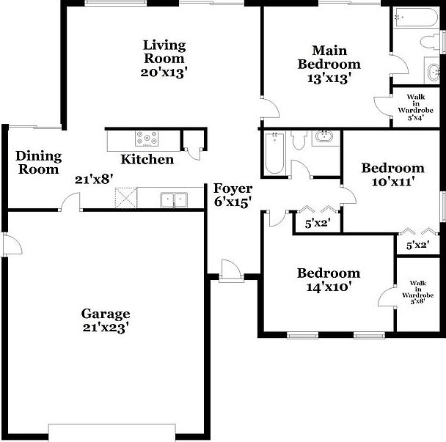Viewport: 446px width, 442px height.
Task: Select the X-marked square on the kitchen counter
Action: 125,198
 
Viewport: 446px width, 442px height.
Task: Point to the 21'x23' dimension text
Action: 106,328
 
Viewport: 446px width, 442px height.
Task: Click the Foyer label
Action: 233,188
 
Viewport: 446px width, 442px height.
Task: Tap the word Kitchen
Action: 147,160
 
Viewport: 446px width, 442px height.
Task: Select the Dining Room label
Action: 38,163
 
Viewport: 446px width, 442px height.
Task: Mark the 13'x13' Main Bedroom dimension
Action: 329,78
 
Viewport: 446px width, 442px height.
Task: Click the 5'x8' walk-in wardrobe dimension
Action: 417,301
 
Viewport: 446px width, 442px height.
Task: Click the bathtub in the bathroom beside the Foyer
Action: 274,153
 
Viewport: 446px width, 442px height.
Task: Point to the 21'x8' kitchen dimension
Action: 94,178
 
